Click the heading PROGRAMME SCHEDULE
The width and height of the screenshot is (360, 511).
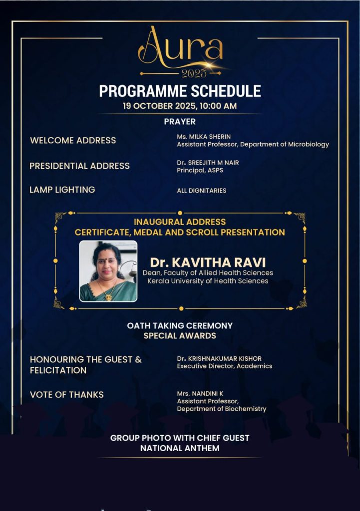(x=180, y=91)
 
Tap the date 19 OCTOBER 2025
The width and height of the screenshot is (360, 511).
(x=160, y=106)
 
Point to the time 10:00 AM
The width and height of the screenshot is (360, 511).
(x=218, y=106)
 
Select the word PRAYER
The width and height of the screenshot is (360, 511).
(x=180, y=121)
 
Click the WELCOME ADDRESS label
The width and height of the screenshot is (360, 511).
(x=73, y=140)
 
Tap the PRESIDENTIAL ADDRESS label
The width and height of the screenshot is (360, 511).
(x=79, y=166)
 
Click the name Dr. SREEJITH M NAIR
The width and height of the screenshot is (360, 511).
(x=207, y=162)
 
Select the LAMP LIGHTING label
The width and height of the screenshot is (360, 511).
(x=62, y=190)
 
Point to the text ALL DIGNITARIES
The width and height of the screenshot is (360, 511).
(x=201, y=191)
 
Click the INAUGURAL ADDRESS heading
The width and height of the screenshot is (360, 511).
(x=180, y=222)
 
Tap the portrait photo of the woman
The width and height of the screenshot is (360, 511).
(x=108, y=271)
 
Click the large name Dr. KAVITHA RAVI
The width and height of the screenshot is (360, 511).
(x=207, y=262)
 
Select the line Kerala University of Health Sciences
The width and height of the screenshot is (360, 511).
(x=207, y=281)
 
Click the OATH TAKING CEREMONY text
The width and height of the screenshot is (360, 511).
(x=180, y=325)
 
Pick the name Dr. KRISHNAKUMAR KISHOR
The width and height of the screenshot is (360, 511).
(x=219, y=358)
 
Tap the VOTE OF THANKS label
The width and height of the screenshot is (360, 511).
(x=66, y=395)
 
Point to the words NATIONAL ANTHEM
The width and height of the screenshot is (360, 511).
(x=180, y=448)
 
